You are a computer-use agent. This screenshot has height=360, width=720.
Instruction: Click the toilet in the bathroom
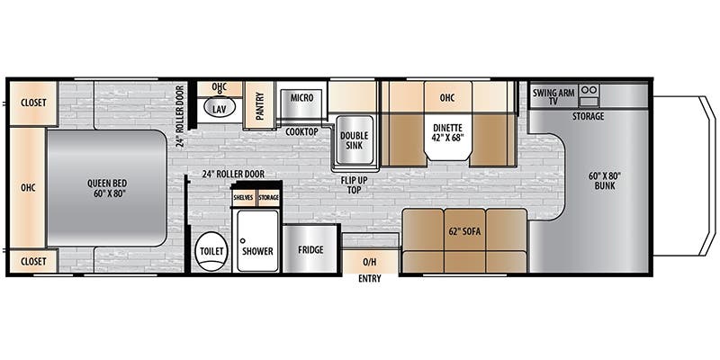point(211,251)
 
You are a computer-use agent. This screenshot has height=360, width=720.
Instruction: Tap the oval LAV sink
point(220,108)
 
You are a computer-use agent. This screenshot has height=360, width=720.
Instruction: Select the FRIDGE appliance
point(310,250)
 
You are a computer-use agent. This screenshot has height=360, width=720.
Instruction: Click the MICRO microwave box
point(301,103)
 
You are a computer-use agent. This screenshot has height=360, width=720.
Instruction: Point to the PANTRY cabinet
point(259,105)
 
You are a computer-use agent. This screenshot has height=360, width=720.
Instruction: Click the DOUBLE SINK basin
point(355,140)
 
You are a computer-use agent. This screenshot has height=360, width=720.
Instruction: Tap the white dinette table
point(447,137)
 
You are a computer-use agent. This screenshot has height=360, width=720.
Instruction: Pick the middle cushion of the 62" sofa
point(464,240)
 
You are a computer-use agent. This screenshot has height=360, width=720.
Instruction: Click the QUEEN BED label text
point(107,188)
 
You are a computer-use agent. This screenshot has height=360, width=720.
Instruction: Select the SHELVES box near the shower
point(243,197)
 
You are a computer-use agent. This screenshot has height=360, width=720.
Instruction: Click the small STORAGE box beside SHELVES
point(268,197)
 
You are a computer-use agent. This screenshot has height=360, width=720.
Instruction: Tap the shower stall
point(257,241)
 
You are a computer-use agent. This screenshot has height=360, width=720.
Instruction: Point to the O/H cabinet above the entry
point(370,262)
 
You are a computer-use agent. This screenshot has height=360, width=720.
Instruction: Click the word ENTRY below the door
point(370,279)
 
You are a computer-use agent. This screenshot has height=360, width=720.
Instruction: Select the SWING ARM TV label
point(553,97)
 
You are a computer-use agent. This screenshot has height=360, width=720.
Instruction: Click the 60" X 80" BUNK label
point(604,181)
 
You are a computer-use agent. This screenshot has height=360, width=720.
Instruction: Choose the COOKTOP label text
point(301,131)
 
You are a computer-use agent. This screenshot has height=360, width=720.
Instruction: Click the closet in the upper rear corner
point(33,103)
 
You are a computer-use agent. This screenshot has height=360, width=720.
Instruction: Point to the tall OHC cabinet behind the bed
point(28,187)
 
